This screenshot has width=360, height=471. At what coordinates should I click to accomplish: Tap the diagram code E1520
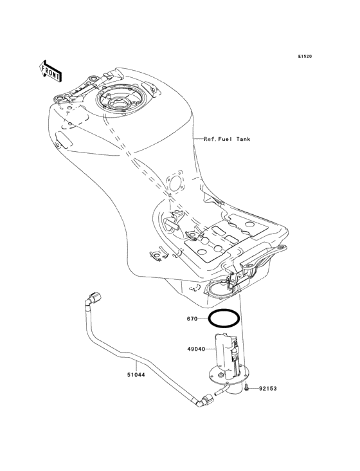point(305,57)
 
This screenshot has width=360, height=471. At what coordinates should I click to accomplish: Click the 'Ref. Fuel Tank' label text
point(227,138)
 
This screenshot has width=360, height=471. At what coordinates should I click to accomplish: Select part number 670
point(192,319)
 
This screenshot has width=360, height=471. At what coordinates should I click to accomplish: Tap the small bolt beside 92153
point(247,388)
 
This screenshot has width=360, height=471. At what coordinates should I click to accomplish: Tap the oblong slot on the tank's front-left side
point(64,137)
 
